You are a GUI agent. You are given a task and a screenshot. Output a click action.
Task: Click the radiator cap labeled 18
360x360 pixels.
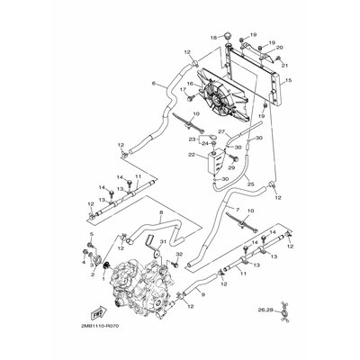coord(229,38)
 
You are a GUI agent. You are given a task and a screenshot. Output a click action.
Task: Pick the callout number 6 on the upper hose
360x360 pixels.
coord(154,85)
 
